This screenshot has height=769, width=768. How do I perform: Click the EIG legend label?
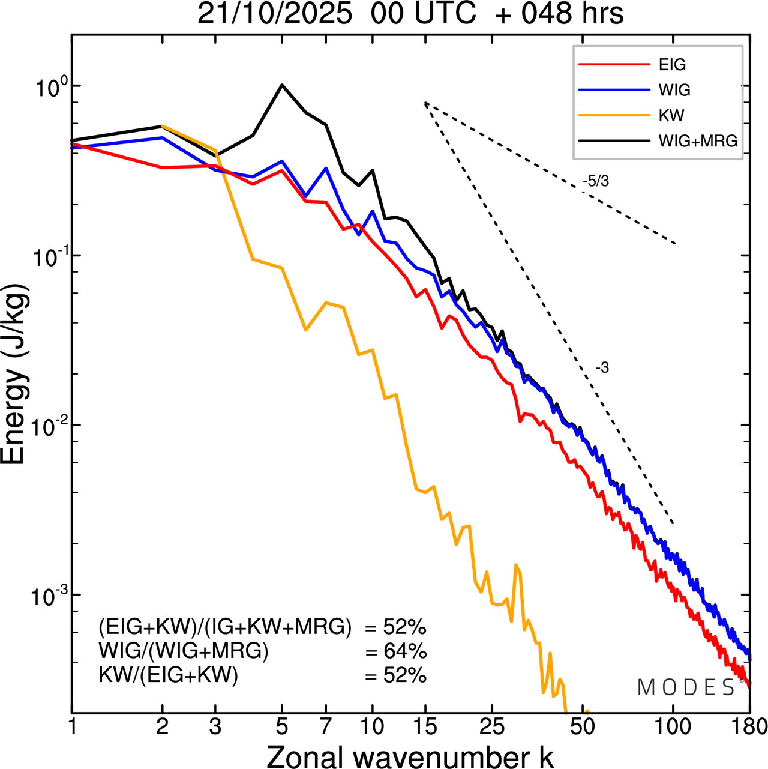672,65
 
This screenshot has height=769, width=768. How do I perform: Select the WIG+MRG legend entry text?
698,141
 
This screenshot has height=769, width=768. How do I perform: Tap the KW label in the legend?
671,115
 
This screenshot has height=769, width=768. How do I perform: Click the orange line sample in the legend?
614,115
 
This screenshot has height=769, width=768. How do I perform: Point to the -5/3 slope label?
596,181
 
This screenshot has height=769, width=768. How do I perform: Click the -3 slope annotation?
602,368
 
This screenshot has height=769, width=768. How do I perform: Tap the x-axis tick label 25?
492,726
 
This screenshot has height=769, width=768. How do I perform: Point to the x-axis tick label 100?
673,726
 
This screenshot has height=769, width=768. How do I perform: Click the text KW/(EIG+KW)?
169,675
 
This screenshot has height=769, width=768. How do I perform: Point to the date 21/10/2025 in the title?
274,14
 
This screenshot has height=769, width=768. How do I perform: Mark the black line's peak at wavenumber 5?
283,85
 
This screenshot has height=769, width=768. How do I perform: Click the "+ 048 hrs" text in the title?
559,14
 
